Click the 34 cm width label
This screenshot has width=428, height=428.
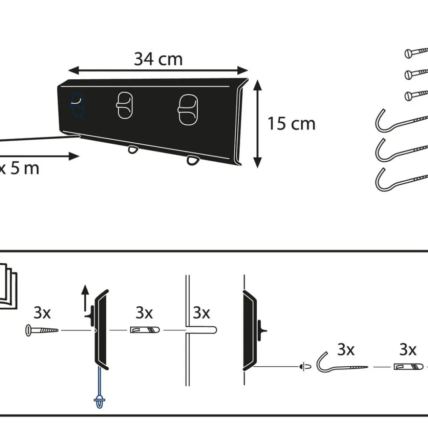click(158, 59)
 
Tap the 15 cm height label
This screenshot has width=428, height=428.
click(291, 123)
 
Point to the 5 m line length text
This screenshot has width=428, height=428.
click(25, 168)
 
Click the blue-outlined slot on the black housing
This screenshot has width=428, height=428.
click(77, 105)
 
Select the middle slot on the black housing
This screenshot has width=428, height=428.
click(124, 105)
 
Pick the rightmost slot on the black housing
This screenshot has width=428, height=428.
click(188, 110)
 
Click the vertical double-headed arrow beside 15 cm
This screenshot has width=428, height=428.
click(257, 124)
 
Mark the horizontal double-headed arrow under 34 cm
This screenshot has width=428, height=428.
click(158, 70)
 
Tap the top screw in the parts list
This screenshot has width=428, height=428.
click(416, 52)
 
